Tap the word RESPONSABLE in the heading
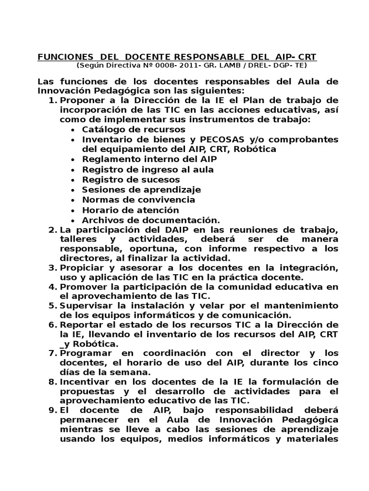tap(205, 57)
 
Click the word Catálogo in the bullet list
tap(102, 129)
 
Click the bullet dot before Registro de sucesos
tap(72, 180)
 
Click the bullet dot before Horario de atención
tap(72, 210)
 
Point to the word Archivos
tap(102, 220)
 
